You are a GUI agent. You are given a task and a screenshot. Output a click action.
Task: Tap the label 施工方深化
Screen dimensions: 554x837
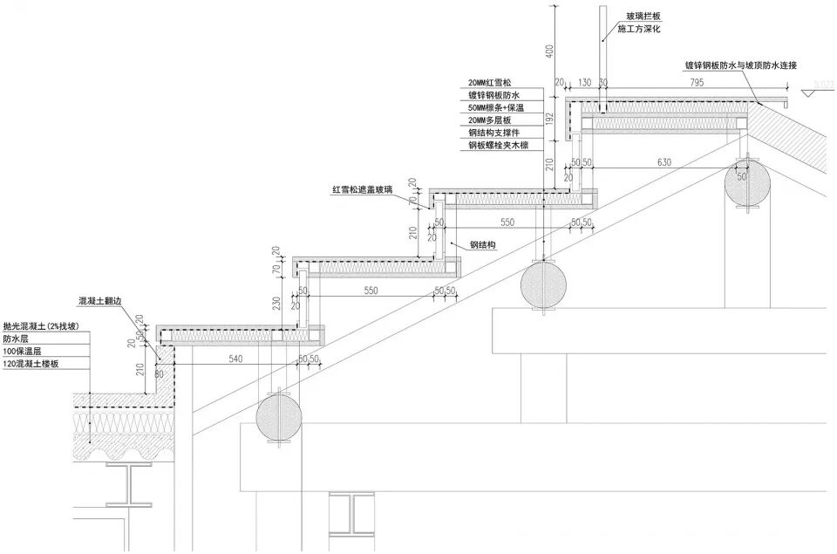[641, 29]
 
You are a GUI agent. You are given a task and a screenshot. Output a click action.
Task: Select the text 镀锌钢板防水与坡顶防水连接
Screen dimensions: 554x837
[739, 65]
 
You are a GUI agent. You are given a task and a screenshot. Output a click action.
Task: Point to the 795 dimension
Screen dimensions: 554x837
[697, 82]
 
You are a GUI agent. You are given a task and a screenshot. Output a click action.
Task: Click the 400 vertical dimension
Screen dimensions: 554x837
[549, 51]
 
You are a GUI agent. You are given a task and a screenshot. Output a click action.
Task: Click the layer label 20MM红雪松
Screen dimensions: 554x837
[492, 83]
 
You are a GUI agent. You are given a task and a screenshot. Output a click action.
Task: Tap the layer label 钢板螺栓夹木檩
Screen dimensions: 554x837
[499, 146]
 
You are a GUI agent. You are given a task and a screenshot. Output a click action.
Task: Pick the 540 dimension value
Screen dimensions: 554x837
[235, 359]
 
